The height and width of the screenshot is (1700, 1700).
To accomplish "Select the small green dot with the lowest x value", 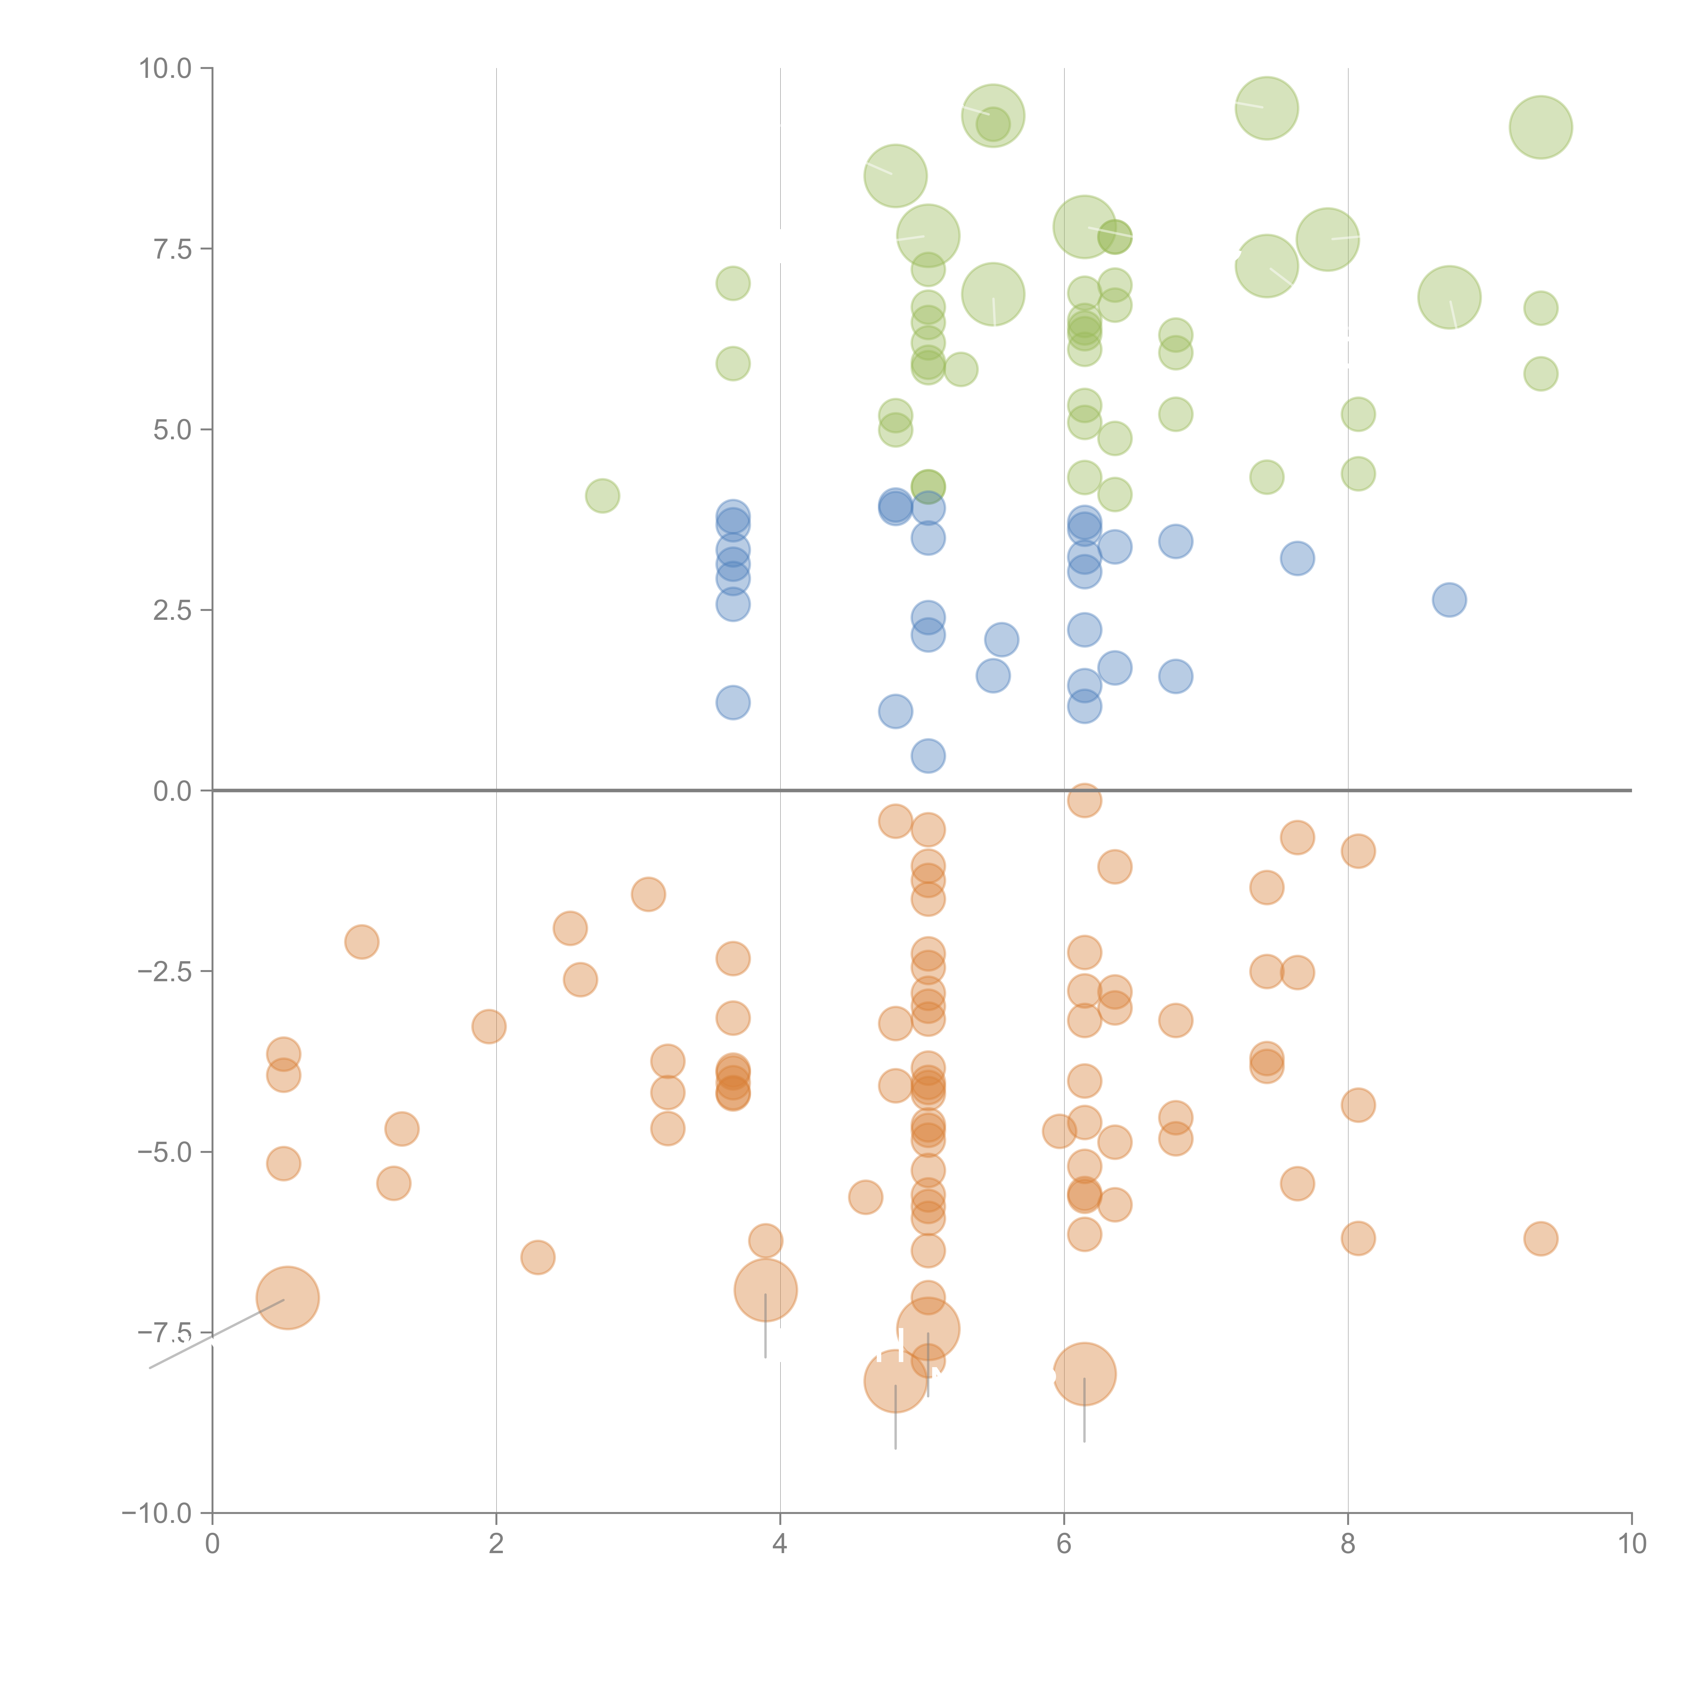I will click(x=602, y=496).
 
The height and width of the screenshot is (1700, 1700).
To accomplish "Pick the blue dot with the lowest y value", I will click(x=928, y=756).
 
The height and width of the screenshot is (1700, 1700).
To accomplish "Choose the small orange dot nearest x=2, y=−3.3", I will click(x=488, y=1027).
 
